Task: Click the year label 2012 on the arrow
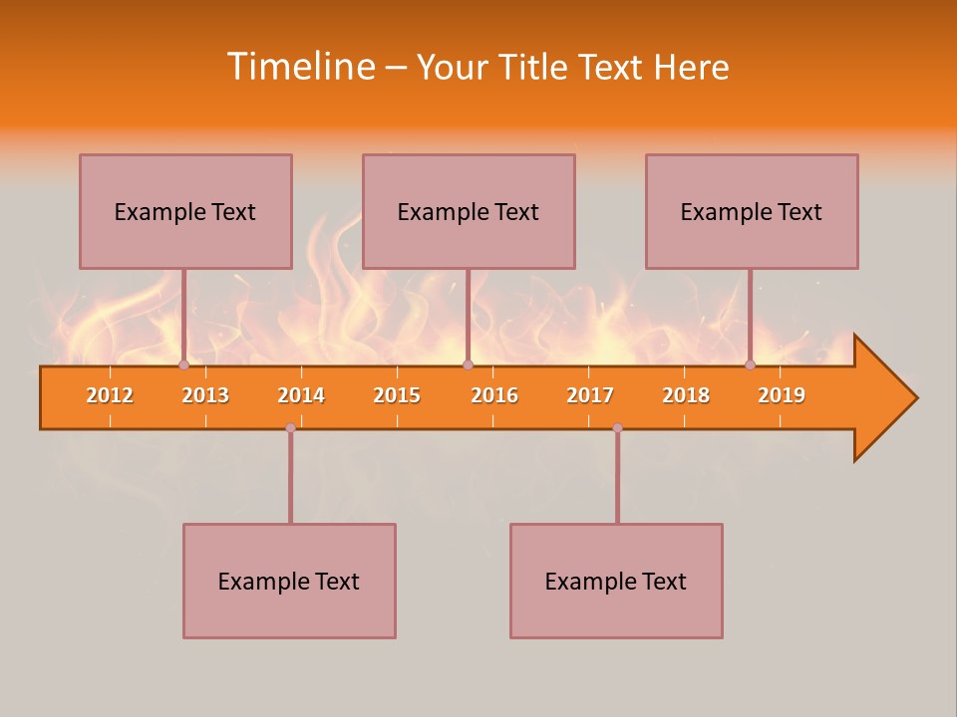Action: pyautogui.click(x=110, y=395)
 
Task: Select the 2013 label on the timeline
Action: pyautogui.click(x=205, y=395)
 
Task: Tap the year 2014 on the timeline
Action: pyautogui.click(x=301, y=395)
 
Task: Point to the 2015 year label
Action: pyautogui.click(x=397, y=395)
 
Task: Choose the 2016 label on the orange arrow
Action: pyautogui.click(x=494, y=395)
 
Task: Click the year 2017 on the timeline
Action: pyautogui.click(x=590, y=395)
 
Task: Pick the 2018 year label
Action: pyautogui.click(x=686, y=395)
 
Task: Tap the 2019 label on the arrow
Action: pyautogui.click(x=782, y=395)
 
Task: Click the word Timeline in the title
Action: pyautogui.click(x=301, y=67)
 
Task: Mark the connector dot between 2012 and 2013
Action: pyautogui.click(x=183, y=365)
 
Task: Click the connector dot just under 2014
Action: pyautogui.click(x=290, y=427)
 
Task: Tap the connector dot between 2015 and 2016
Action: pyautogui.click(x=468, y=365)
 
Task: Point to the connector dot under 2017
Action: pyautogui.click(x=617, y=427)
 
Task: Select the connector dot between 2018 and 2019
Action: pyautogui.click(x=750, y=365)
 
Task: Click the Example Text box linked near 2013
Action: pyautogui.click(x=185, y=211)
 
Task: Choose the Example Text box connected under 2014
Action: pyautogui.click(x=289, y=581)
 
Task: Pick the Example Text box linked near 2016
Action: pyautogui.click(x=469, y=211)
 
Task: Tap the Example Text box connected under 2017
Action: pyautogui.click(x=616, y=581)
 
